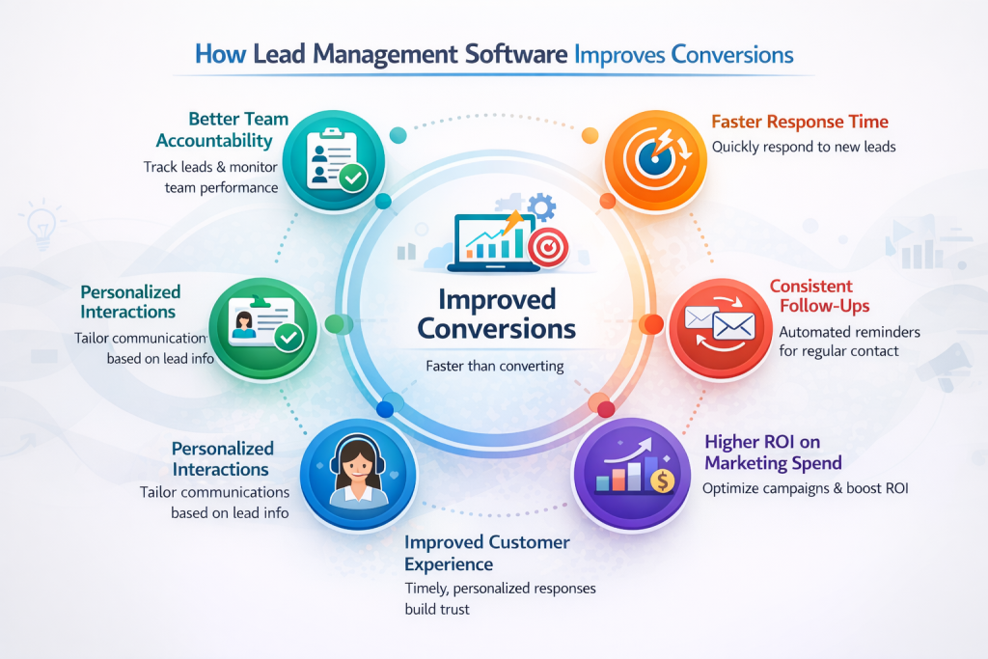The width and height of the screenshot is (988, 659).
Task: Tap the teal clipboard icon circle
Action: (337, 159)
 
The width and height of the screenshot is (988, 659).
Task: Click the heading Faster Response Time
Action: (800, 123)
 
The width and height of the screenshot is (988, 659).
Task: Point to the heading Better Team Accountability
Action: (238, 129)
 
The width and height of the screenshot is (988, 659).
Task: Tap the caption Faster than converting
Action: (495, 366)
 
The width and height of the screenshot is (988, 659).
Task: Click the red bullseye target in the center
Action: (548, 248)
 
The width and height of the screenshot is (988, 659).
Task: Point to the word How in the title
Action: (220, 54)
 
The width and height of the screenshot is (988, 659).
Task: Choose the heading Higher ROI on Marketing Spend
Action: (774, 452)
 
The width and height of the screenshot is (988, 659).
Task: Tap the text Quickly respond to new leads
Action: (804, 148)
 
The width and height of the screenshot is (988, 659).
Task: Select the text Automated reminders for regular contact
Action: (849, 341)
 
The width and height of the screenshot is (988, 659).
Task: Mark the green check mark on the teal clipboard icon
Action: (353, 177)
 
